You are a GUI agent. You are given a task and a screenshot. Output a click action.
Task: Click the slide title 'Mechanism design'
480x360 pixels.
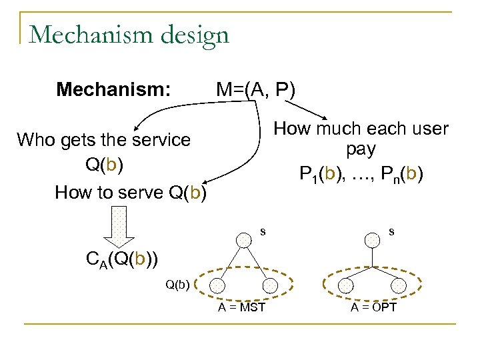coord(129,34)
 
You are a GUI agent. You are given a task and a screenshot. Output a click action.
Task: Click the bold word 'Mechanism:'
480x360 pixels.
coord(113,89)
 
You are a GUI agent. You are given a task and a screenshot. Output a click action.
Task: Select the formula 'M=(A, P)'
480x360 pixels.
coord(255,89)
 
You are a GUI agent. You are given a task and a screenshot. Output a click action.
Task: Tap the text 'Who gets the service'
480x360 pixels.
coord(103,140)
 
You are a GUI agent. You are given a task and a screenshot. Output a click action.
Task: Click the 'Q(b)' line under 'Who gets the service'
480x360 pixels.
coord(103,165)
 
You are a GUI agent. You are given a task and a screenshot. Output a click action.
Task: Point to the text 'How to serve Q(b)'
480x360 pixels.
coord(131,193)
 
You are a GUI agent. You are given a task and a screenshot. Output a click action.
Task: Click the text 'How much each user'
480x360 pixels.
coord(361,129)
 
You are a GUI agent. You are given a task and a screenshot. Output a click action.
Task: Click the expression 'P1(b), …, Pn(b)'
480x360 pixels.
coord(361,175)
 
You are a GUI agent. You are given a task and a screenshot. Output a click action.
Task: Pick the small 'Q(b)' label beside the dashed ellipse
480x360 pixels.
coord(178,285)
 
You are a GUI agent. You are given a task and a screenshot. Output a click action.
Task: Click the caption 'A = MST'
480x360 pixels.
coord(241,307)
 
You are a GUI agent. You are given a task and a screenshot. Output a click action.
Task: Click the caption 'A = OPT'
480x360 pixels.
coord(373,307)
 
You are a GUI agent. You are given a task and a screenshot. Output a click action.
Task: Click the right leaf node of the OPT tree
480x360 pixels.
coord(398,285)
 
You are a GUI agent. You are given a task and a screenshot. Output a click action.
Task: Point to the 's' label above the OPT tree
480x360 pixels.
coord(391,231)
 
